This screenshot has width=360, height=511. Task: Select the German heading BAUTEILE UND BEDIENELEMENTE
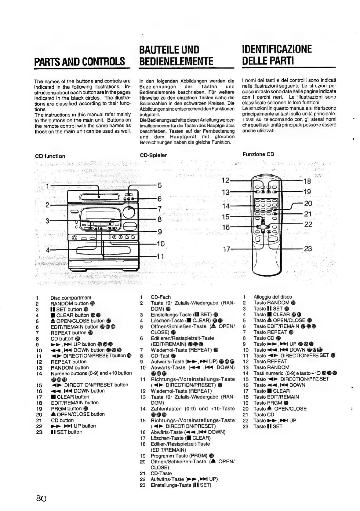pyautogui.click(x=176, y=55)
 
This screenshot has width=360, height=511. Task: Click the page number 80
pyautogui.click(x=41, y=498)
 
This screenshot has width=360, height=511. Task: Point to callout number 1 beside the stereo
pyautogui.click(x=47, y=186)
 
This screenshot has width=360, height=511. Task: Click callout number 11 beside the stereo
pyautogui.click(x=160, y=256)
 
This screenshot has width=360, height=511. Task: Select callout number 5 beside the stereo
pyautogui.click(x=159, y=186)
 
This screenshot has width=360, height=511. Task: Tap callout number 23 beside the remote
pyautogui.click(x=308, y=249)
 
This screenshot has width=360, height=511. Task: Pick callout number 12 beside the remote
pyautogui.click(x=225, y=180)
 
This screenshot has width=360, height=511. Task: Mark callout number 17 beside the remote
pyautogui.click(x=226, y=249)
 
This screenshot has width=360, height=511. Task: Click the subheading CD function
pyautogui.click(x=50, y=156)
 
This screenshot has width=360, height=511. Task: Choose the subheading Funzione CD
pyautogui.click(x=258, y=154)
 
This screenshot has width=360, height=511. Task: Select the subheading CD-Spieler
pyautogui.click(x=153, y=155)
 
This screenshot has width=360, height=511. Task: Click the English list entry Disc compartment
pyautogui.click(x=71, y=297)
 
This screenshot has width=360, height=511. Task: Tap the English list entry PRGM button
pyautogui.click(x=66, y=409)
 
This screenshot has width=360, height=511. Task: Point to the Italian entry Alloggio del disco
pyautogui.click(x=273, y=297)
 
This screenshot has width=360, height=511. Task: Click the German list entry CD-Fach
pyautogui.click(x=161, y=297)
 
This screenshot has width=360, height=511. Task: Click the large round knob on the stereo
pyautogui.click(x=132, y=212)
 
